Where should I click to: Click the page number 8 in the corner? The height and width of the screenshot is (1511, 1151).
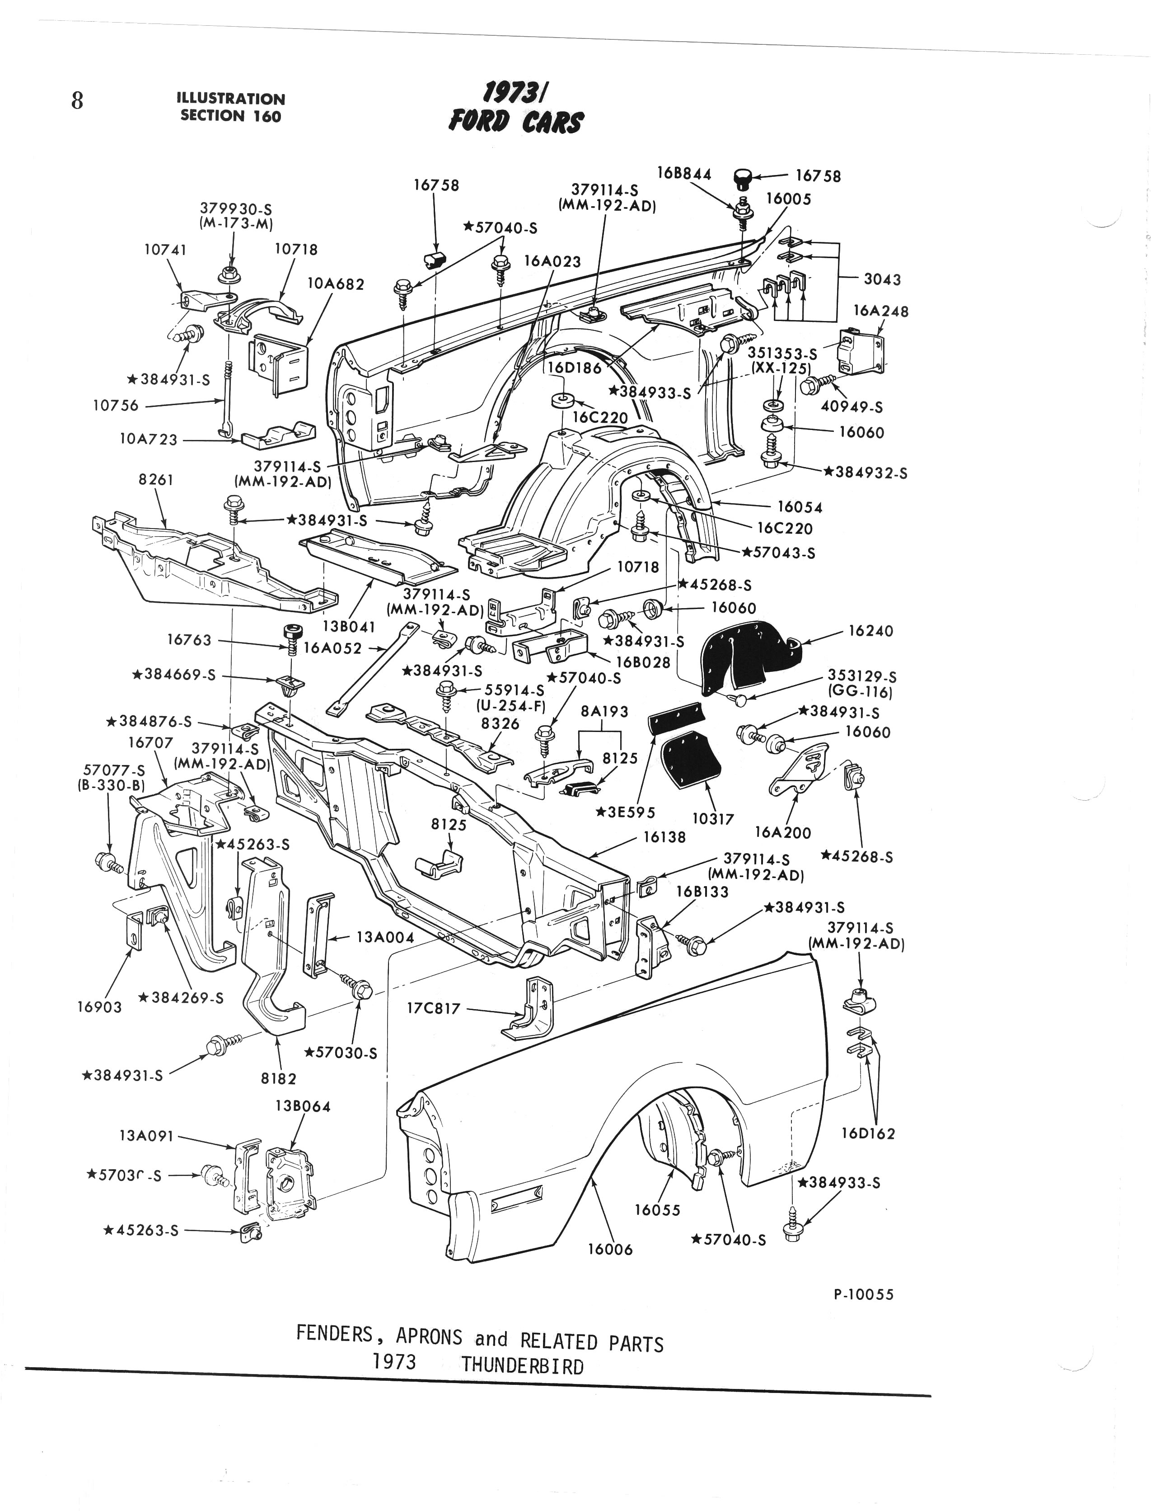click(x=77, y=101)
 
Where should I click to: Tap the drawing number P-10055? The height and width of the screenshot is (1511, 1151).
click(x=863, y=1294)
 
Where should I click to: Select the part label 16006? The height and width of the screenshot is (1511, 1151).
click(x=610, y=1250)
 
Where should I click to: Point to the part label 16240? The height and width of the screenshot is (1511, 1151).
click(x=870, y=631)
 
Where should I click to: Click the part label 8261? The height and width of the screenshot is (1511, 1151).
click(x=155, y=480)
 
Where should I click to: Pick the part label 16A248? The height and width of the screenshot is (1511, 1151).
click(x=880, y=311)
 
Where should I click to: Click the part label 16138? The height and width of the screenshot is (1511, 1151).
click(x=664, y=836)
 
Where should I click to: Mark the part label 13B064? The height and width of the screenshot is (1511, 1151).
click(x=302, y=1106)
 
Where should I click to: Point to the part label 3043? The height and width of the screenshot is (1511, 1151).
click(x=882, y=279)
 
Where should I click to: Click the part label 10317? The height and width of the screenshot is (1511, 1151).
click(x=712, y=819)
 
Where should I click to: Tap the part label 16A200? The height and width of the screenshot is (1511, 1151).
click(x=782, y=832)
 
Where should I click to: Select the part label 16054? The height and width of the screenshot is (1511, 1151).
click(x=800, y=507)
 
